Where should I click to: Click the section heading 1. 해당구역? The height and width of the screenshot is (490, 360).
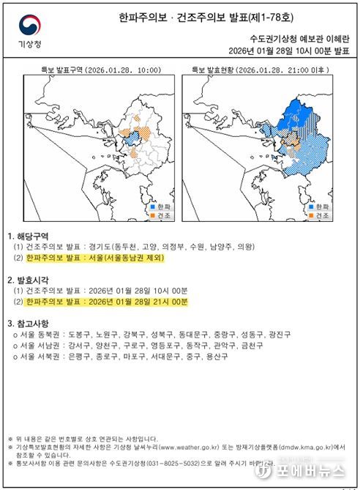(28, 237)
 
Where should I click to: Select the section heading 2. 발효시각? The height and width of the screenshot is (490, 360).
(28, 280)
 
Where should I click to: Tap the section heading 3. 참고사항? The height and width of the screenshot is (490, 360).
(28, 323)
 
